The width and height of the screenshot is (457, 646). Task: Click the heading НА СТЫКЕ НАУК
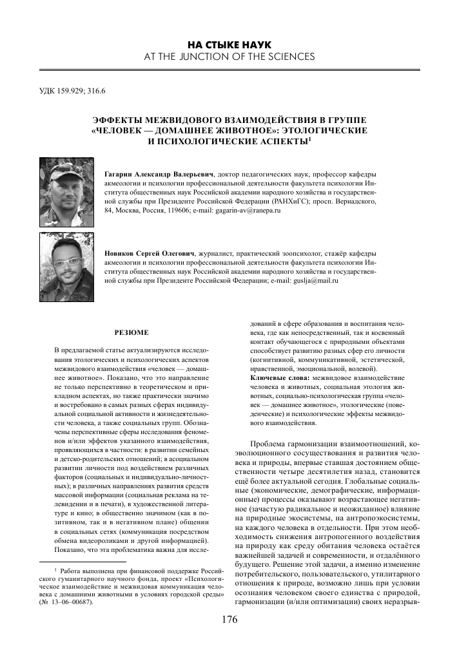228,44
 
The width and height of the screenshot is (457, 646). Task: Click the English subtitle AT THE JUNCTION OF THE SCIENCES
228,56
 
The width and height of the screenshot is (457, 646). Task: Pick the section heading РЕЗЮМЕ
131,332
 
